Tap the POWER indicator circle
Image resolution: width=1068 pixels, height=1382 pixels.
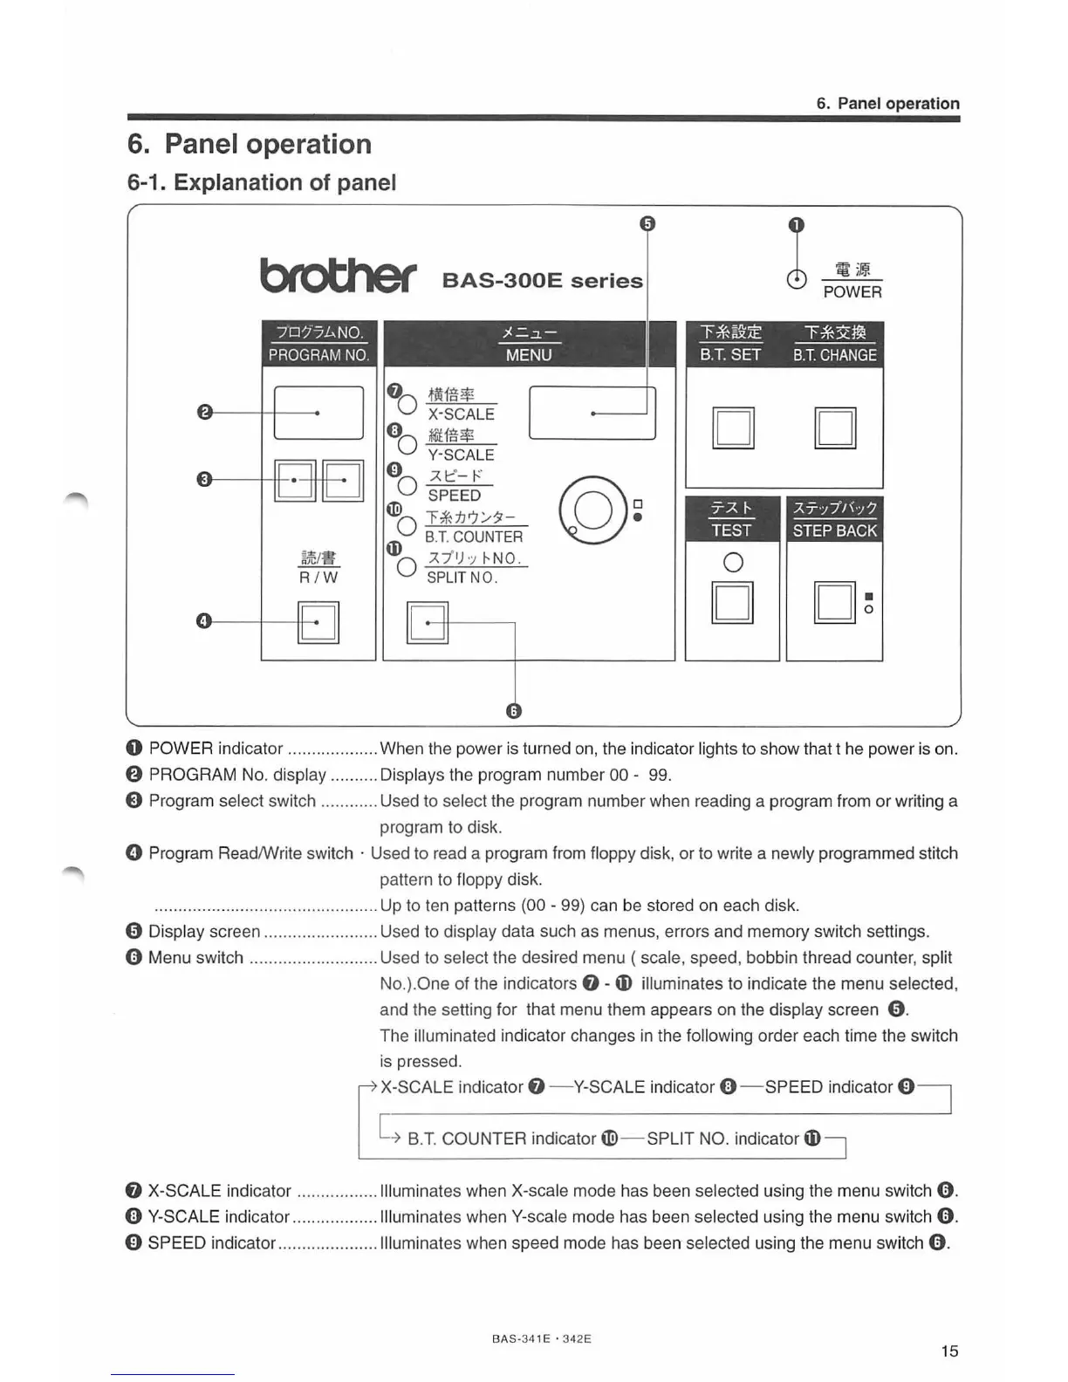[x=796, y=279]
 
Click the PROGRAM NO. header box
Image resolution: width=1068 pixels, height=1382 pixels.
[x=318, y=344]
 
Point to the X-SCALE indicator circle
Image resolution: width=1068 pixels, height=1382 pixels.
[x=407, y=405]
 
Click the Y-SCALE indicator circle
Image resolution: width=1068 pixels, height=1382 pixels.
[x=407, y=445]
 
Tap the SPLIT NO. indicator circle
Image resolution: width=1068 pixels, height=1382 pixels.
[x=407, y=567]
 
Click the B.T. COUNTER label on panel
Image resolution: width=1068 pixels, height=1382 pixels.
[x=474, y=537]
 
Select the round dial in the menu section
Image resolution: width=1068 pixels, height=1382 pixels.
[x=592, y=511]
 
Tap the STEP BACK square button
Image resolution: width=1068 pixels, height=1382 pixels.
[x=834, y=602]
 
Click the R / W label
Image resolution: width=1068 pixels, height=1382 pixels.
[x=318, y=577]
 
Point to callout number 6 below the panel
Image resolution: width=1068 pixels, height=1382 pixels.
[x=514, y=711]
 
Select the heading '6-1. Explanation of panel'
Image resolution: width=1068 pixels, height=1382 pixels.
[x=262, y=182]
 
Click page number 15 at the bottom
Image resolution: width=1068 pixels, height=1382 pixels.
[x=949, y=1351]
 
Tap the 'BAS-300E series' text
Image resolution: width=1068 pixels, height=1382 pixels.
[x=542, y=280]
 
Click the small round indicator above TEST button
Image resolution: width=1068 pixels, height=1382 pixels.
[x=733, y=563]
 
